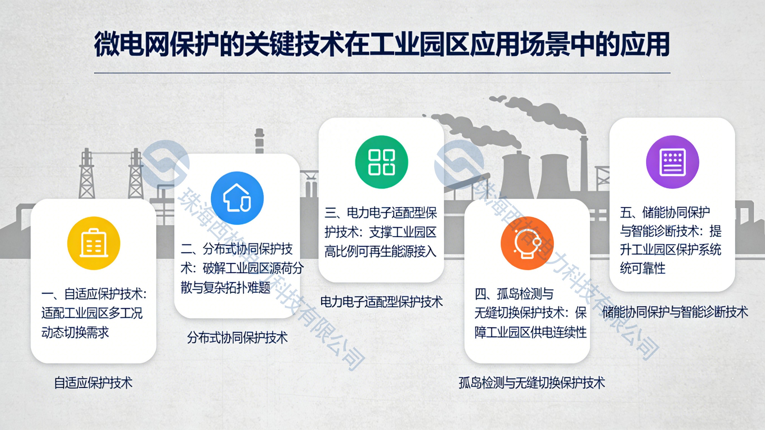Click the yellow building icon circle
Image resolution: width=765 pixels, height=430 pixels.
(x=94, y=243)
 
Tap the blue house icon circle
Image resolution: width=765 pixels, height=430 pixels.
(x=237, y=198)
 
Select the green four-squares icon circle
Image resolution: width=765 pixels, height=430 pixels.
(x=381, y=162)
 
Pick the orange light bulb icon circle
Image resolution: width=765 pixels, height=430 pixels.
(x=527, y=243)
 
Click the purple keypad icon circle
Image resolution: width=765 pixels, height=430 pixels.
(x=672, y=162)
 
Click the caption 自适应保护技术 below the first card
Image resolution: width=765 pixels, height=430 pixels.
(x=93, y=383)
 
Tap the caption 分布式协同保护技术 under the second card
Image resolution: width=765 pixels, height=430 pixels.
(x=237, y=338)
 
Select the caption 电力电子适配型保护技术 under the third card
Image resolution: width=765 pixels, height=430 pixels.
(x=381, y=302)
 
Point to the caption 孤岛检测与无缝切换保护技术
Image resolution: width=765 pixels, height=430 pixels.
(x=532, y=383)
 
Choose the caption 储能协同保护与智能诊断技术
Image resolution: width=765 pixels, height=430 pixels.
(x=675, y=312)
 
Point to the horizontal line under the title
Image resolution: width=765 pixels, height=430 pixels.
(x=382, y=73)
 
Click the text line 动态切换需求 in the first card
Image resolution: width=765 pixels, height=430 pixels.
(x=75, y=332)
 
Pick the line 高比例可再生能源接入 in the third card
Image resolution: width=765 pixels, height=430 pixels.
(x=380, y=252)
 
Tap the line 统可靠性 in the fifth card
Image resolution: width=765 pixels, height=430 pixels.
(x=642, y=268)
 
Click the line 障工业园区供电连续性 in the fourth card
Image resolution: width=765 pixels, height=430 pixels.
(x=530, y=332)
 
